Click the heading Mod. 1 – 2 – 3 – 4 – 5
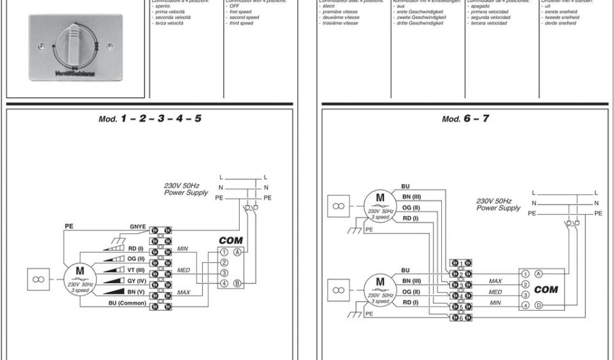pos(150,119)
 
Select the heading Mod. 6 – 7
pos(465,119)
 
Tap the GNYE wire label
pos(138,227)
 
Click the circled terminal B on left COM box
pos(238,283)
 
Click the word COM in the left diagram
pos(230,240)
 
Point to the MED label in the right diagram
pos(495,292)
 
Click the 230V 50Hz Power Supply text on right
pos(498,205)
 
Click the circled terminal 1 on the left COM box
pos(224,252)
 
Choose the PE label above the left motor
pos(69,226)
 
